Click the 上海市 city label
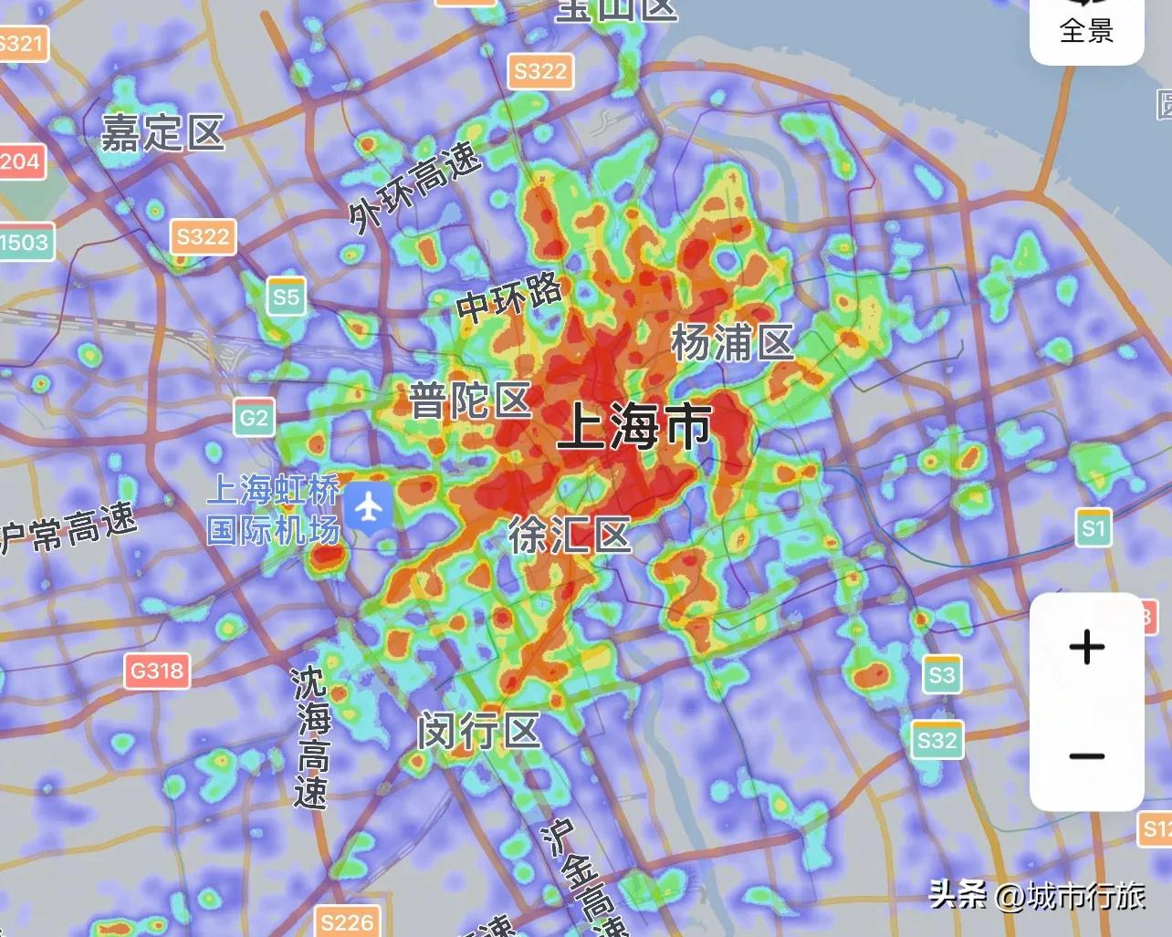[x=635, y=426]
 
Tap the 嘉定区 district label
[x=162, y=133]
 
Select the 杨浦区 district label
[x=732, y=343]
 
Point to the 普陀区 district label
[x=470, y=401]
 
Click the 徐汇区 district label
[x=570, y=535]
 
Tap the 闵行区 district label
[x=479, y=732]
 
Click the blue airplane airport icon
[x=368, y=507]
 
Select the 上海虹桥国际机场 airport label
[x=273, y=510]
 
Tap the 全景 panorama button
[x=1086, y=29]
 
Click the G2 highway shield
[x=254, y=419]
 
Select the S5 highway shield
[x=286, y=297]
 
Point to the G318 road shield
[x=157, y=672]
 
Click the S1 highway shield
[x=1093, y=527]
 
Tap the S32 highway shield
[x=937, y=740]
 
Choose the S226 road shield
[x=347, y=922]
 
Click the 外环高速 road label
[x=414, y=187]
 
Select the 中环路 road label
[x=509, y=297]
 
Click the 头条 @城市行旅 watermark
[x=1037, y=895]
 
